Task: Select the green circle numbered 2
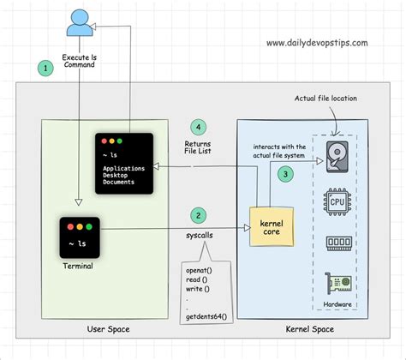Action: point(199,215)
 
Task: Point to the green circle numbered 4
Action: point(199,126)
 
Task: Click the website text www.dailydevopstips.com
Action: point(319,42)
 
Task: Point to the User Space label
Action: point(108,328)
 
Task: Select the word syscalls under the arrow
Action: point(200,233)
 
